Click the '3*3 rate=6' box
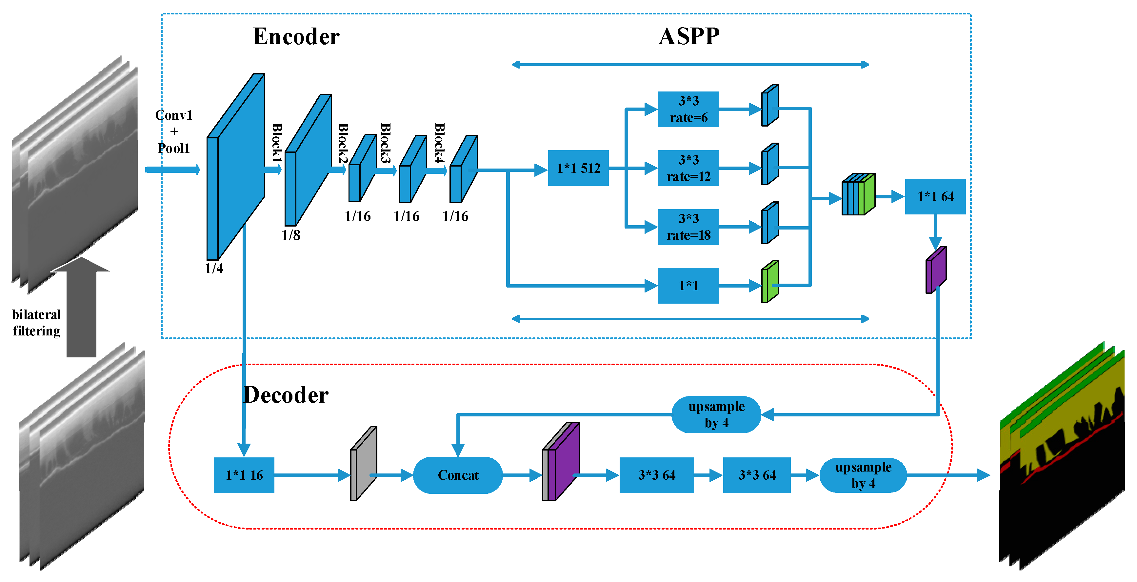(688, 109)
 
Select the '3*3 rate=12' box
(688, 168)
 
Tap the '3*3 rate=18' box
(688, 227)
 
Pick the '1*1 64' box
(935, 196)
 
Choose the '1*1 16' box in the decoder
(244, 475)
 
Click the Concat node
(458, 475)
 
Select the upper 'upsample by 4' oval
(716, 414)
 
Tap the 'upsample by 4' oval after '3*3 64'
(863, 475)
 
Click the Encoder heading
(296, 36)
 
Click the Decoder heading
(286, 394)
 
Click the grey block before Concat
(363, 464)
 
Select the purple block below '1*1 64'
(936, 270)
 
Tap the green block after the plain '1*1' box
(770, 281)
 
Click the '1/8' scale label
(290, 235)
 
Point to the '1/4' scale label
(214, 268)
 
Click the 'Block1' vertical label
(277, 142)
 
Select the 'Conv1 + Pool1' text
(174, 131)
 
